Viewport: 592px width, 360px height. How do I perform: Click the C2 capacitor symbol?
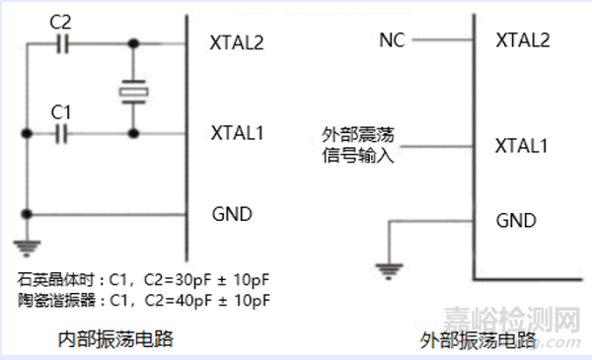tap(64, 43)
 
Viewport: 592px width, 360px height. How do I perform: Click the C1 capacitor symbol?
tap(64, 129)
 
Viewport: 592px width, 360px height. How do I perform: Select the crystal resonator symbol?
tap(132, 92)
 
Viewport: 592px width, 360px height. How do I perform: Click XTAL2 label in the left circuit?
tap(237, 43)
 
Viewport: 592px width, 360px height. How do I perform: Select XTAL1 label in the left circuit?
tap(237, 129)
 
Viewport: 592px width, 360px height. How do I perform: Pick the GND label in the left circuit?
tap(232, 213)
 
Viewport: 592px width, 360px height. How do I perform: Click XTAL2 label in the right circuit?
tap(522, 39)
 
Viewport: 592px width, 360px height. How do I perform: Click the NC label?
tap(391, 39)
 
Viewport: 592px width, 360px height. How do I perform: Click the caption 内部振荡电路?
tap(116, 339)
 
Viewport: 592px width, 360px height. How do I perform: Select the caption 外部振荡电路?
tap(478, 341)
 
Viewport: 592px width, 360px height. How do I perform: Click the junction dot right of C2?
tap(132, 43)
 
